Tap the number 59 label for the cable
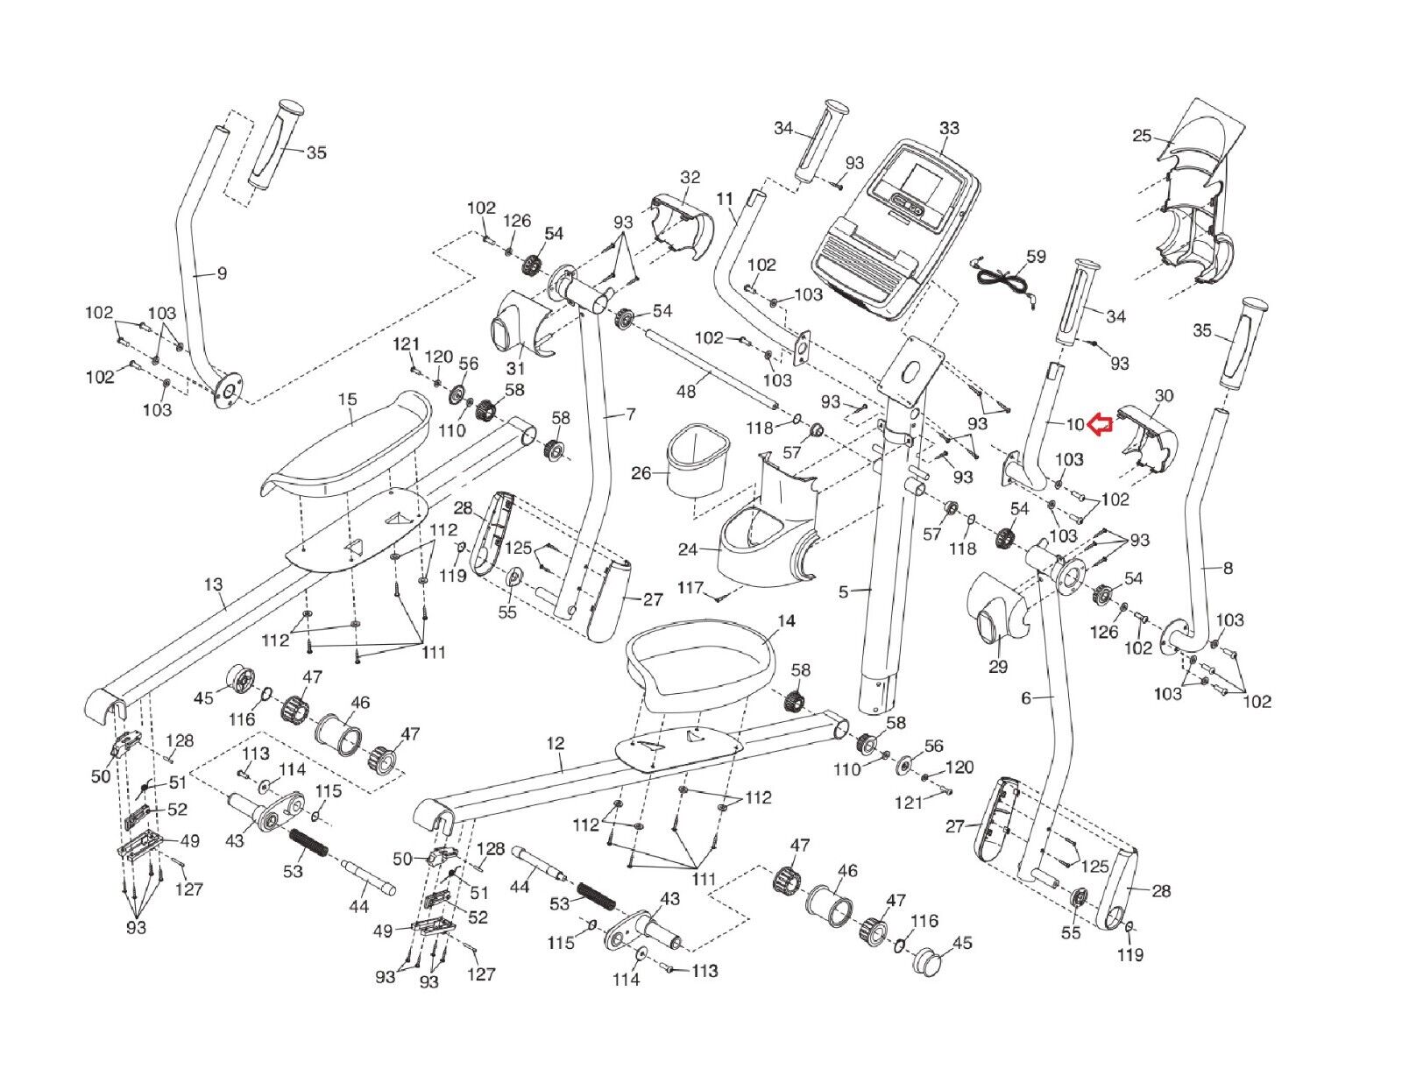tap(1036, 258)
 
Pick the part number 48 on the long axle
tap(686, 391)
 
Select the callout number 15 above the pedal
tap(347, 400)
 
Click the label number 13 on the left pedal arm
tap(213, 584)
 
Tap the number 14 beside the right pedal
tap(786, 621)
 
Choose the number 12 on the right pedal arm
tap(555, 743)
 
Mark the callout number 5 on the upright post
tap(843, 592)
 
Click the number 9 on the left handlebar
tap(222, 274)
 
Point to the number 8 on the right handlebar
tap(1228, 568)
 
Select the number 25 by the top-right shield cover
tap(1142, 136)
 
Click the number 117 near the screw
tap(691, 587)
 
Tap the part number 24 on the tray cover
tap(688, 550)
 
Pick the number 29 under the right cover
tap(998, 667)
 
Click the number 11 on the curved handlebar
tap(725, 199)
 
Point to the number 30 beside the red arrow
tap(1163, 396)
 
